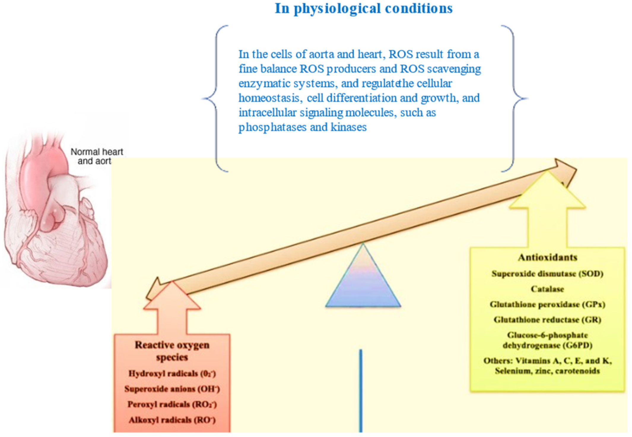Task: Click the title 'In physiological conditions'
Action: (363, 8)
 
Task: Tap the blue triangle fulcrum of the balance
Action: (363, 282)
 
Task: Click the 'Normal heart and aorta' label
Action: (96, 156)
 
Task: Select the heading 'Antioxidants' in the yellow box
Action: (547, 257)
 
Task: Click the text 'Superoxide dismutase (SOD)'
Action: (547, 274)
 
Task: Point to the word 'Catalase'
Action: (547, 289)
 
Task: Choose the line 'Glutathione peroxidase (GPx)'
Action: (547, 304)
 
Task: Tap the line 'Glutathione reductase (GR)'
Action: (547, 320)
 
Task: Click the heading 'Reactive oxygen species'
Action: (172, 351)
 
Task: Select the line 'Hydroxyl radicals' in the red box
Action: (172, 374)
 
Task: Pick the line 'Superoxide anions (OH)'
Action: (172, 389)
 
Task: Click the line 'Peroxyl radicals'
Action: (172, 404)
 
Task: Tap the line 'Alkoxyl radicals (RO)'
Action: (172, 420)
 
